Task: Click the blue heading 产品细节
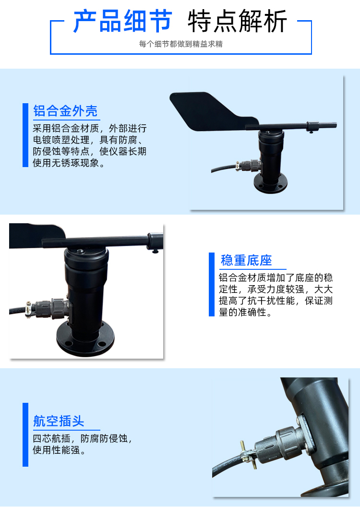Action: (x=122, y=21)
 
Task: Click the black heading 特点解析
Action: (x=237, y=21)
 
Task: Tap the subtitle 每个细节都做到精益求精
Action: (x=180, y=44)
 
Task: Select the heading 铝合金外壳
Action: (x=65, y=110)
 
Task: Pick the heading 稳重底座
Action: (x=246, y=260)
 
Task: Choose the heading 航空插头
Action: (x=59, y=421)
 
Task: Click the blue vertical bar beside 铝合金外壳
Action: (x=25, y=135)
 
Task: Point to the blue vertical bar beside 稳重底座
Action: (x=212, y=284)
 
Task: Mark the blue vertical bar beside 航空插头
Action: (x=25, y=435)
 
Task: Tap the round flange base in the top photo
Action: (x=271, y=184)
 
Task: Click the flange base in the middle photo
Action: (x=85, y=339)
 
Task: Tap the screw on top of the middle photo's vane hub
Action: (x=80, y=251)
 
